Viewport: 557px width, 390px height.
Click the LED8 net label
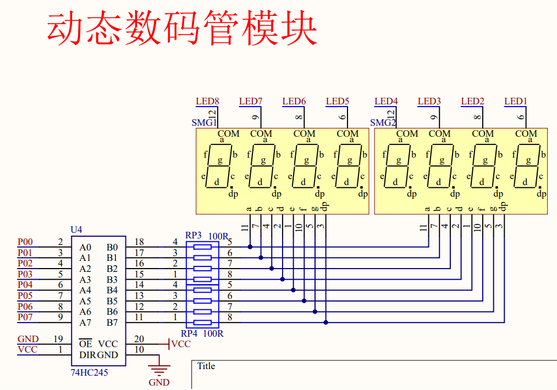[x=207, y=102]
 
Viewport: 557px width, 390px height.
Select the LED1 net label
[x=515, y=102]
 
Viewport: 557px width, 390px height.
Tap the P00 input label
[x=25, y=242]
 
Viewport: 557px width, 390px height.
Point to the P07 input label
[x=25, y=317]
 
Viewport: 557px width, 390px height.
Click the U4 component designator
[x=76, y=230]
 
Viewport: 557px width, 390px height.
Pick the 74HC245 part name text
[x=89, y=372]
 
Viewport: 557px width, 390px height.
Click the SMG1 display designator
[x=204, y=123]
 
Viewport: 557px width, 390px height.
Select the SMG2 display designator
[x=383, y=123]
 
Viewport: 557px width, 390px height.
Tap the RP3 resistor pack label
[x=193, y=235]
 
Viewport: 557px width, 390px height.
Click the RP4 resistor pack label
[x=189, y=333]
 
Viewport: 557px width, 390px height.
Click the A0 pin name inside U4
[x=85, y=247]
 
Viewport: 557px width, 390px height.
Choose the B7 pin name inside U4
[x=112, y=322]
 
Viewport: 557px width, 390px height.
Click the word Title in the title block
[x=206, y=366]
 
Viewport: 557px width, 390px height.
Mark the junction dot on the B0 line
[x=250, y=247]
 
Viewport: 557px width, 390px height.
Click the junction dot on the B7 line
[x=326, y=322]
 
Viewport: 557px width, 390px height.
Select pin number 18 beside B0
[x=139, y=242]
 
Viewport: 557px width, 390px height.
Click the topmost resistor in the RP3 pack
[x=202, y=247]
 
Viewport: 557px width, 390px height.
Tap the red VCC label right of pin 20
[x=181, y=344]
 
